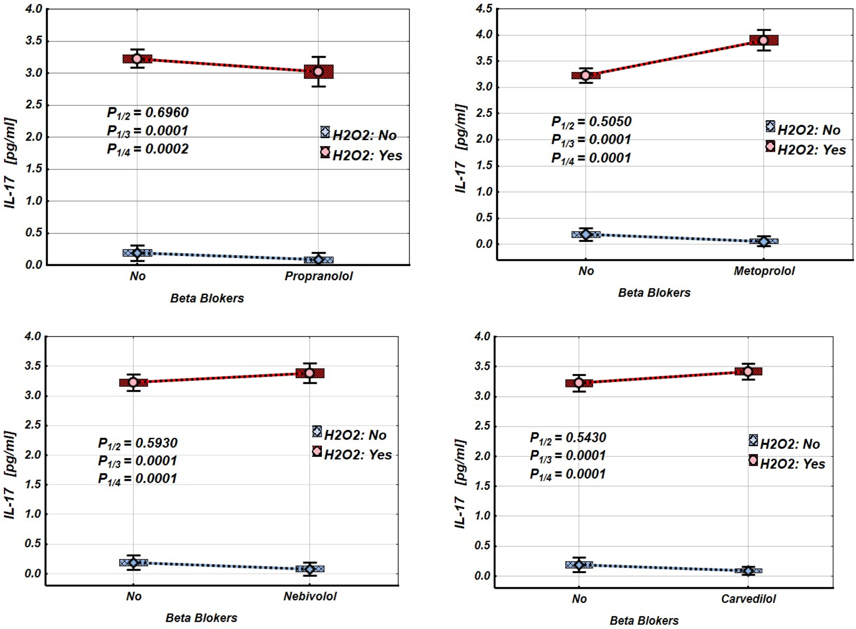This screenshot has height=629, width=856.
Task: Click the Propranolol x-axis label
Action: point(318,276)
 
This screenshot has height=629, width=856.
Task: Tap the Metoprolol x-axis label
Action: point(764,271)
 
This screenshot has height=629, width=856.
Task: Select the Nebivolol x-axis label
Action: point(310,596)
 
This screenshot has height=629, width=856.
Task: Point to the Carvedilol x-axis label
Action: point(748,599)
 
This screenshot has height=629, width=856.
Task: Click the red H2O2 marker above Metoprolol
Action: point(763,40)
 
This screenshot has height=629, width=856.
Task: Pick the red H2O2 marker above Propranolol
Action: point(318,71)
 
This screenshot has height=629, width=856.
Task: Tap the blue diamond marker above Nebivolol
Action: point(310,569)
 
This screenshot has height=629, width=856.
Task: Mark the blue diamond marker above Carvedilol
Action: point(748,571)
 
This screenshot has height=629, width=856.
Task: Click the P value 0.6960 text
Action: point(167,113)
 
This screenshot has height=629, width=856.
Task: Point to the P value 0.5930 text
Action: point(156,443)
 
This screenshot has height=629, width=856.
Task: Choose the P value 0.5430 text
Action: point(585,437)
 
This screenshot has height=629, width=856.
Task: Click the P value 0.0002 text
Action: point(167,149)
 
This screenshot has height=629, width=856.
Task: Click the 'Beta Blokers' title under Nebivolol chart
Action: point(201,617)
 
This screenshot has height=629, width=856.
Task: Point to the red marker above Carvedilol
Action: point(748,372)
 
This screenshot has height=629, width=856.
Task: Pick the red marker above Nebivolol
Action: point(310,373)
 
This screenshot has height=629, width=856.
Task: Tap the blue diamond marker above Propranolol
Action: point(318,259)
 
